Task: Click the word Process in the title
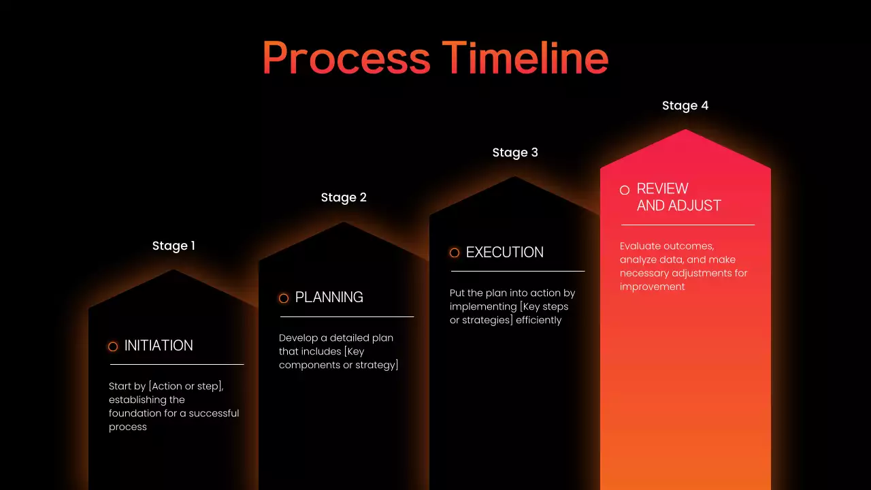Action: click(346, 59)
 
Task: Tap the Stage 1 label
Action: click(174, 246)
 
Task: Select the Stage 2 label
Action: click(344, 197)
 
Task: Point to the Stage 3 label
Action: click(515, 152)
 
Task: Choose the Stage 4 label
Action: click(685, 105)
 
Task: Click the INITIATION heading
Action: click(159, 346)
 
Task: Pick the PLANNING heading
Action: click(329, 297)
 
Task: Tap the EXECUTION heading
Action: click(504, 252)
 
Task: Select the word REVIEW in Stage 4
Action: click(662, 189)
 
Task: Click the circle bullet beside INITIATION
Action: click(113, 346)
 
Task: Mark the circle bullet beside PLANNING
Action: click(284, 298)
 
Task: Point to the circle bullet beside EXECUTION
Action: click(455, 253)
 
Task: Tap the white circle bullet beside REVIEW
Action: click(625, 190)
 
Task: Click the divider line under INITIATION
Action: click(176, 364)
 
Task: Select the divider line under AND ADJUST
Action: click(687, 225)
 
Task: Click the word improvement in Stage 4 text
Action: click(652, 287)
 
